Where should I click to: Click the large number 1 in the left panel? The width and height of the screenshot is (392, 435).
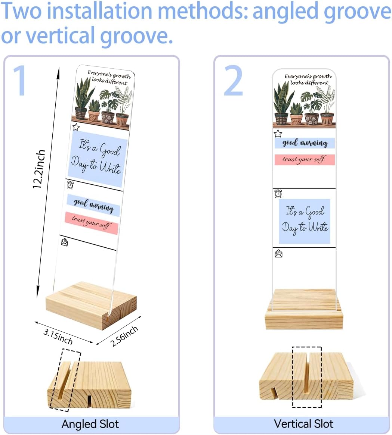click(21, 80)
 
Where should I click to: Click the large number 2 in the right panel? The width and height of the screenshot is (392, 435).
click(234, 80)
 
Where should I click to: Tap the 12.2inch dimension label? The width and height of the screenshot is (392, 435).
click(39, 169)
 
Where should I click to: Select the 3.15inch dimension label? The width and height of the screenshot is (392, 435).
click(58, 337)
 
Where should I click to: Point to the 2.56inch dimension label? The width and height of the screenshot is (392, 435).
click(124, 336)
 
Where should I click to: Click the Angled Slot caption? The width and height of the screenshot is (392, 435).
click(90, 424)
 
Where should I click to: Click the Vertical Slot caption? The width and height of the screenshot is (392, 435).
click(303, 424)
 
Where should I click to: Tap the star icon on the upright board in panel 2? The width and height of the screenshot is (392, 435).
click(278, 134)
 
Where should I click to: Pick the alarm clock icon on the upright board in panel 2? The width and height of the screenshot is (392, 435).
click(278, 193)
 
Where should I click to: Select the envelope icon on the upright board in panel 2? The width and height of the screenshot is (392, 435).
click(278, 254)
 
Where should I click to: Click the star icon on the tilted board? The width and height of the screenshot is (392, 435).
click(76, 127)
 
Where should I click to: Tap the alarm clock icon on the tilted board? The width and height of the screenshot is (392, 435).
click(70, 185)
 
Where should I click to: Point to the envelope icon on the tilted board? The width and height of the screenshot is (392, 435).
click(64, 242)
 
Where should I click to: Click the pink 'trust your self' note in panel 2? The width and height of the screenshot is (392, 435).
click(305, 160)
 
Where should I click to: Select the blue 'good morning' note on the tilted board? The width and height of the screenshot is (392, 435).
click(93, 206)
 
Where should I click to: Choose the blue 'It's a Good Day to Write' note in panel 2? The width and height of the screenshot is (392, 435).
click(305, 221)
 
